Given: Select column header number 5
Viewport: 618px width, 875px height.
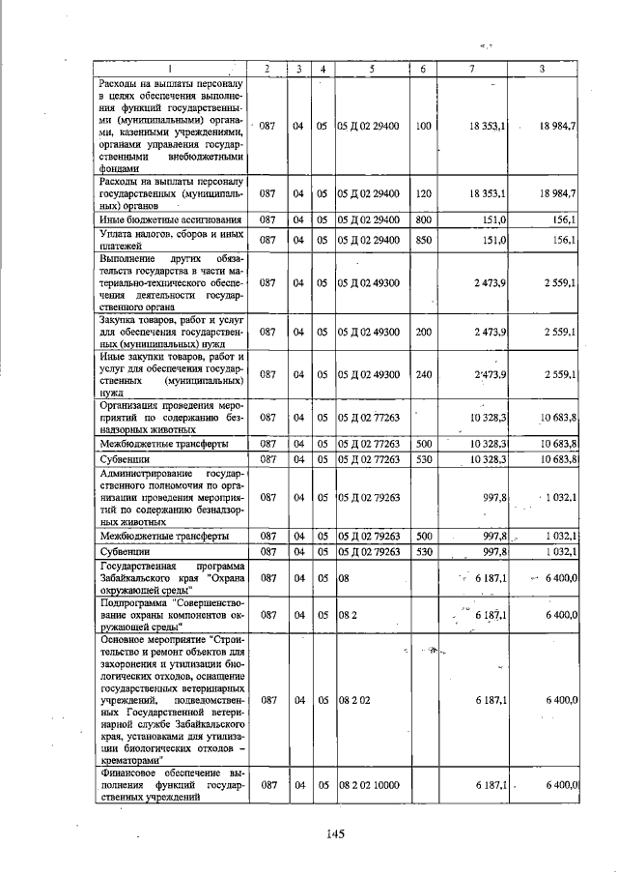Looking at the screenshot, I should [x=370, y=68].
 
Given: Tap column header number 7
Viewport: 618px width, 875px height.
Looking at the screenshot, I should [x=471, y=68].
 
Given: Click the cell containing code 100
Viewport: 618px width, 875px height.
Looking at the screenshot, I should [x=422, y=127].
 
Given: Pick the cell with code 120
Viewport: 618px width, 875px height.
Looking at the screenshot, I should [x=422, y=193].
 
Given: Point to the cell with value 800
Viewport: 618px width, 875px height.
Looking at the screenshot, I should [x=422, y=220].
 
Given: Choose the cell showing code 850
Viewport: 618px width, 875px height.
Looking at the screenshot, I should [x=422, y=240].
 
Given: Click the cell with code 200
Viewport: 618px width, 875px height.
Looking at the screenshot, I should [x=422, y=332].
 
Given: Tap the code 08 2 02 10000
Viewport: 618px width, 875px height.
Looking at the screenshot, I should [x=368, y=789].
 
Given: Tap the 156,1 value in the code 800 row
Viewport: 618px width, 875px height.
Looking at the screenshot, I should [x=565, y=220].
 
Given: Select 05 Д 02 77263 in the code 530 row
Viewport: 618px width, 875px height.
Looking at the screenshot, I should [x=368, y=457].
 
